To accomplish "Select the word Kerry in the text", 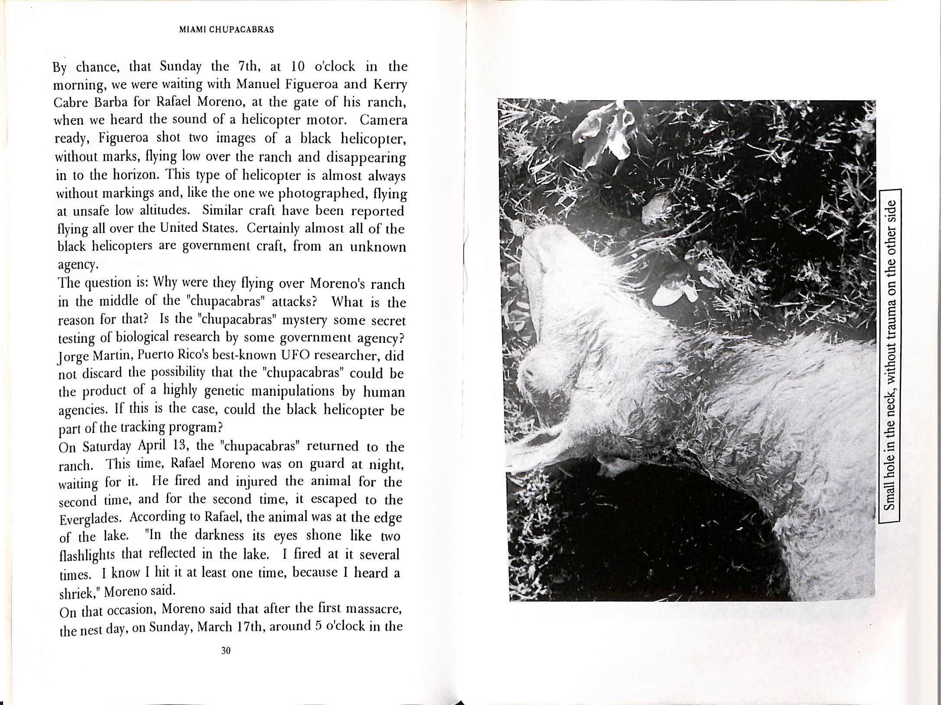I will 391,84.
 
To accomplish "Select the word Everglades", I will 91,519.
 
